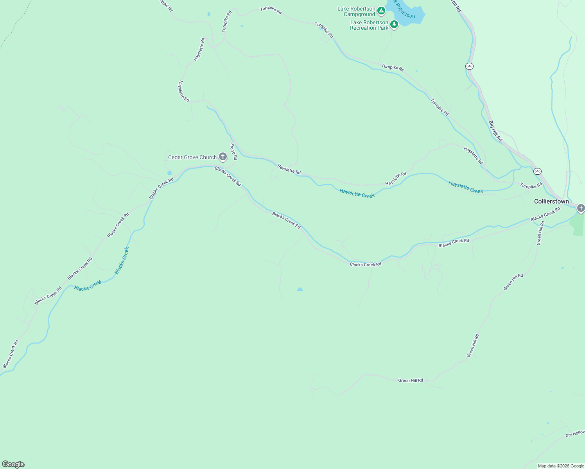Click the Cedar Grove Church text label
[192, 157]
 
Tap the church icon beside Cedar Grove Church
[223, 157]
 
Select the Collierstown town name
[551, 201]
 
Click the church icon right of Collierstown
[581, 208]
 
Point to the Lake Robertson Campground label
[356, 12]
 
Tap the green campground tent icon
[381, 11]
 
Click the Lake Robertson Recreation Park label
[369, 25]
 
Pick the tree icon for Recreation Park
[394, 25]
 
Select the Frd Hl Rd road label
[233, 152]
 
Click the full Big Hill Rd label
[495, 131]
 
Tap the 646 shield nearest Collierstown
[537, 171]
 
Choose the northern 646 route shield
[469, 66]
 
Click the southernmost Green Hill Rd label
[410, 380]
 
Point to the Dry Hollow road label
[575, 434]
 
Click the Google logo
[13, 464]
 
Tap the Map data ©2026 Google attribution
[561, 466]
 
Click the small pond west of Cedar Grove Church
[169, 173]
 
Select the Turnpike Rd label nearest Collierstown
[531, 185]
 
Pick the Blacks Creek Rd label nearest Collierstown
[545, 214]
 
